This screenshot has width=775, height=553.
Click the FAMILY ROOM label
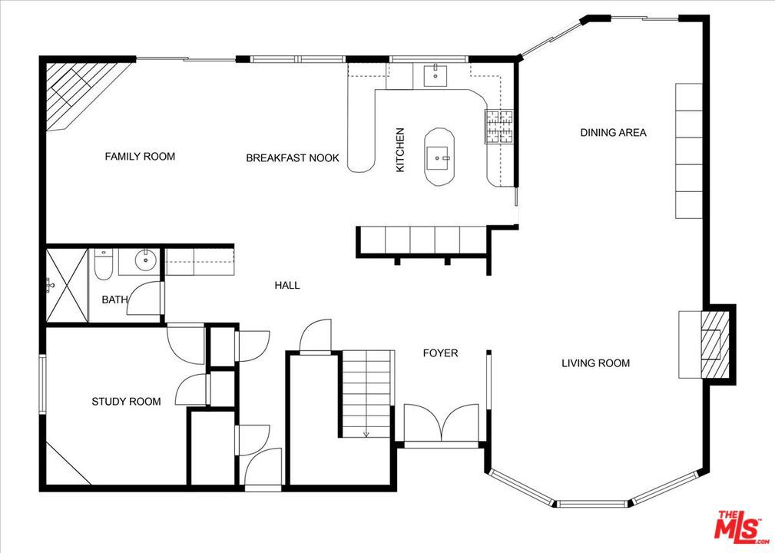140,157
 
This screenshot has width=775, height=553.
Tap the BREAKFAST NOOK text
293,158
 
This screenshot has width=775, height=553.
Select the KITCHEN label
400,151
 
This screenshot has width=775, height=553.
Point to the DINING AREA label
613,132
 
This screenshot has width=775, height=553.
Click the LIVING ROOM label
595,363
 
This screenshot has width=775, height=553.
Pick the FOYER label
440,353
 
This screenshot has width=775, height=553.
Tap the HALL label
287,285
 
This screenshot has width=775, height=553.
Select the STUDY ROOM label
126,401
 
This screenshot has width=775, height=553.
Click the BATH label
114,300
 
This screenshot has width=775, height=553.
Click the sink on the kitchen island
437,158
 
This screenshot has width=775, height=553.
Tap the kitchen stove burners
498,127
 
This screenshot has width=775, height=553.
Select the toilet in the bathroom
104,265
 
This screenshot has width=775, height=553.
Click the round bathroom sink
145,259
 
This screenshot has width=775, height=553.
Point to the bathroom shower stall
67,286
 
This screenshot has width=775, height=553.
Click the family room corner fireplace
81,91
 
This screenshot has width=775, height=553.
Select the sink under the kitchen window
436,75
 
